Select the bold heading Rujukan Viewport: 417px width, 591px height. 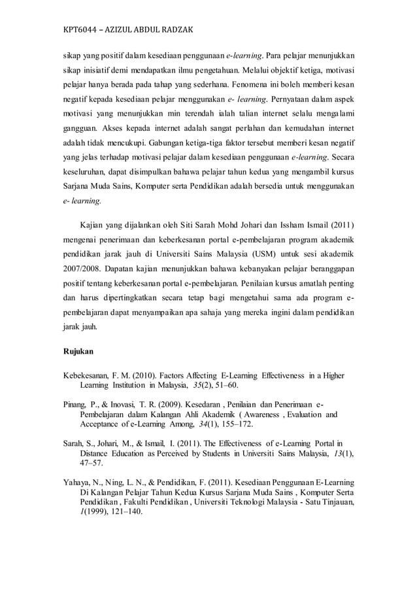(x=78, y=351)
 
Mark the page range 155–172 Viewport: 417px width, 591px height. (x=244, y=426)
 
